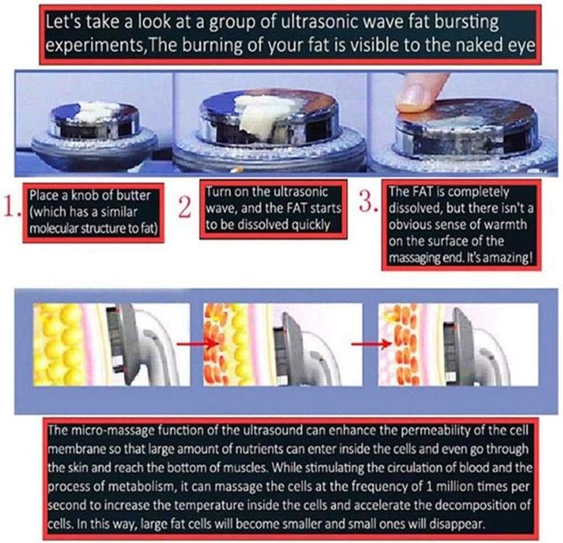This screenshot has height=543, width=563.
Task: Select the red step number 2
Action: click(185, 207)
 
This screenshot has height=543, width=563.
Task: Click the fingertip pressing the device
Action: click(419, 93)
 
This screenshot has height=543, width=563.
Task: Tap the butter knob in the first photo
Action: click(96, 110)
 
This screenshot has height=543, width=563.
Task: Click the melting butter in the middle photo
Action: click(262, 115)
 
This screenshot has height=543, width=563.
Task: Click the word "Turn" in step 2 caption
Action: click(217, 191)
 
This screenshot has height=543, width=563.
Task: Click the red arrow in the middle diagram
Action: click(198, 343)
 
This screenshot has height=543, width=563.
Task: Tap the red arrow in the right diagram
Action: click(372, 344)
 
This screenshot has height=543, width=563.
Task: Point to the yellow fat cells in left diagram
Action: click(57, 345)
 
